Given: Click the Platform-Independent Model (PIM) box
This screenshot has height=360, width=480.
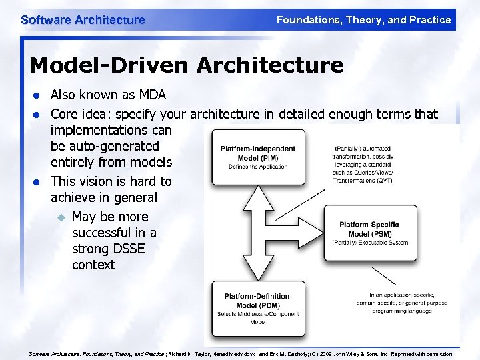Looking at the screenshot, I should pyautogui.click(x=259, y=157).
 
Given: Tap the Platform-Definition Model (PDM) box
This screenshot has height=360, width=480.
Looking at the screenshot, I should pyautogui.click(x=259, y=308).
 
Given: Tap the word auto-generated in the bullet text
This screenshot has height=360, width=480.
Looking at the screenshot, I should pyautogui.click(x=105, y=146).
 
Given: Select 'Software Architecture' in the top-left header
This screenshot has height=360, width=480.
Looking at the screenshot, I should pyautogui.click(x=83, y=20).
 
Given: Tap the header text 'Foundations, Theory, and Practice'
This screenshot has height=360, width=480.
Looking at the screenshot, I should pyautogui.click(x=363, y=20).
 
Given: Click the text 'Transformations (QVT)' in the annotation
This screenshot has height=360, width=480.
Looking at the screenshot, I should pyautogui.click(x=364, y=179).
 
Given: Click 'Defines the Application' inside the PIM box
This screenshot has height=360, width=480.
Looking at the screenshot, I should pyautogui.click(x=259, y=167).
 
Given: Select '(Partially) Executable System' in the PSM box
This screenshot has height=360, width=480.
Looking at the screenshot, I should pyautogui.click(x=371, y=242).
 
